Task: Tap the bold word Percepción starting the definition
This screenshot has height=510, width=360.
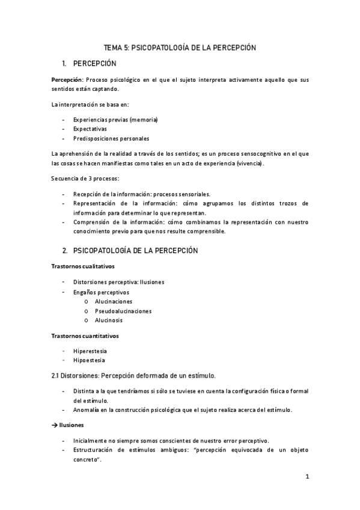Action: point(67,79)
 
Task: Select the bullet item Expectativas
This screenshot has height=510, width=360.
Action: point(90,129)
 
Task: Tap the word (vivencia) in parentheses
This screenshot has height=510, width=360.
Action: point(249,163)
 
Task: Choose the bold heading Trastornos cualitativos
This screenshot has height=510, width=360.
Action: point(82,266)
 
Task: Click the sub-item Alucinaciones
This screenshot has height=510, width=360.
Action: point(114,301)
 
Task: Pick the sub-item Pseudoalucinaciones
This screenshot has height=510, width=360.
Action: point(123,311)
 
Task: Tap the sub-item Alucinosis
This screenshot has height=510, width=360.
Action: point(109,320)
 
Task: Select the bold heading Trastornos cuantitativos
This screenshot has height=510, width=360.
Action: point(85,336)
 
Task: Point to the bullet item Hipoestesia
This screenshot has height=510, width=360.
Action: point(89,360)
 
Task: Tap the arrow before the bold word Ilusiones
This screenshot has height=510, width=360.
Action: point(55,425)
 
